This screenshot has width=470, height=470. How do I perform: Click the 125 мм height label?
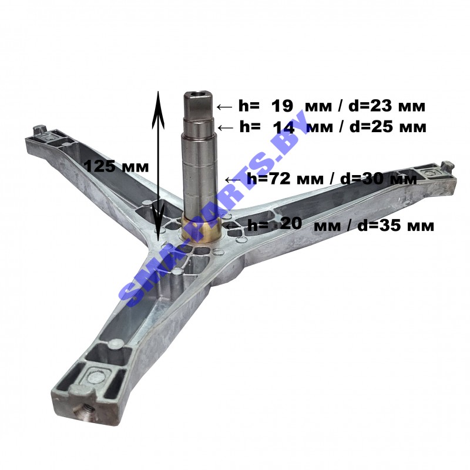click(x=116, y=166)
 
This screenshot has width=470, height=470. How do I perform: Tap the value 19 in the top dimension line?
click(x=282, y=106)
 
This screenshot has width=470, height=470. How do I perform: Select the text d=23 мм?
click(x=387, y=106)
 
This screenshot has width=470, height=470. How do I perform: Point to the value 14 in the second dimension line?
click(x=284, y=128)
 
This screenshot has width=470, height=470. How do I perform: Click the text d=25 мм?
click(x=388, y=127)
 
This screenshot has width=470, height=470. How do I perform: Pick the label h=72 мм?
click(x=285, y=179)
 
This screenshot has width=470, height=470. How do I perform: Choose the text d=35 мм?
click(x=395, y=226)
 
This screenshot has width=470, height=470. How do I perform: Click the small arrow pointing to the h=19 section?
click(x=224, y=107)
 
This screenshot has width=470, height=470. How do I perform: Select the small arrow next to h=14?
click(x=226, y=128)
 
